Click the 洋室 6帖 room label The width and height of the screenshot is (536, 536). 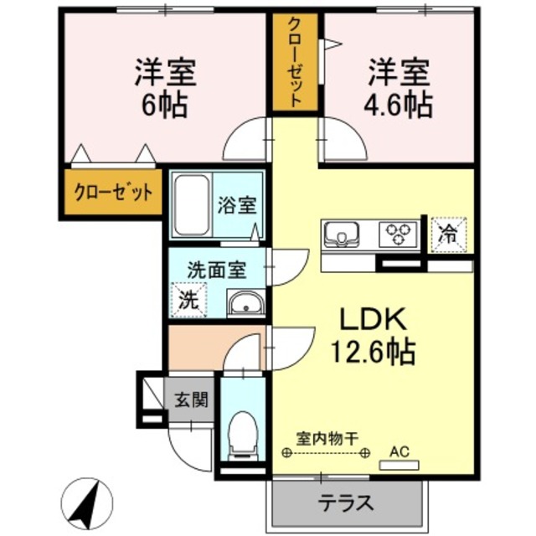[x=165, y=89]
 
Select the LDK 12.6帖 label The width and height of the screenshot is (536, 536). [x=373, y=335]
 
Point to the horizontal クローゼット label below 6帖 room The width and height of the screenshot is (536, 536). [x=111, y=193]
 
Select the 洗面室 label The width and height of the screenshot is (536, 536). [x=216, y=270]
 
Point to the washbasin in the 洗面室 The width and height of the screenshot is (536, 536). [x=246, y=304]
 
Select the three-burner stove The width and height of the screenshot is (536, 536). [x=399, y=234]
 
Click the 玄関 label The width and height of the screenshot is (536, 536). [x=191, y=400]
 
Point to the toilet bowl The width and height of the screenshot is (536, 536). [x=241, y=434]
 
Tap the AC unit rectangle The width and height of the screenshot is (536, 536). [x=399, y=462]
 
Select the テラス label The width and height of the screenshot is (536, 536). [x=344, y=502]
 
